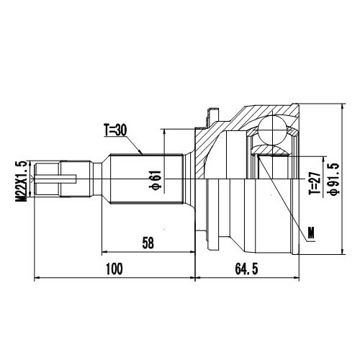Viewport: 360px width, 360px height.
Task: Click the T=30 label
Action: tap(115, 130)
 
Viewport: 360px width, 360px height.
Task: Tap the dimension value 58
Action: tap(147, 243)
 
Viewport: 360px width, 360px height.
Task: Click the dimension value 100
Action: tap(113, 269)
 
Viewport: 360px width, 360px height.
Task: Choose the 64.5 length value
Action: tap(246, 269)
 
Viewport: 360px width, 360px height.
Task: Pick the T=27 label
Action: tap(314, 184)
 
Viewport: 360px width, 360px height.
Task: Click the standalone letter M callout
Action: tap(310, 232)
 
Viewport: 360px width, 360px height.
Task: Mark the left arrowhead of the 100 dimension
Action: tap(37, 277)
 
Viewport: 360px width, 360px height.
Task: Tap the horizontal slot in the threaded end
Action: tap(61, 177)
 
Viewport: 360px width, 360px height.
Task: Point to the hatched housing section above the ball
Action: tap(248, 114)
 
